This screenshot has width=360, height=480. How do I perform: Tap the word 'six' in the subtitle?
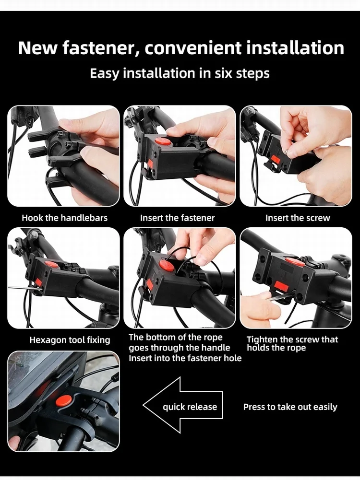click(223, 73)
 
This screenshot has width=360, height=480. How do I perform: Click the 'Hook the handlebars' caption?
click(65, 218)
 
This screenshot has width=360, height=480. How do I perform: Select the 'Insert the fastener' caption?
click(177, 218)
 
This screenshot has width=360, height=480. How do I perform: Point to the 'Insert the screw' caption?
click(298, 218)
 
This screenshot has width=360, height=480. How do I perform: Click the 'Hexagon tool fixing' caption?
click(70, 340)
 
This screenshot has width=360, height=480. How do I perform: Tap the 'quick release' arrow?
click(183, 405)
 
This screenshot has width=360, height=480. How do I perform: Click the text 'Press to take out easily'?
click(290, 407)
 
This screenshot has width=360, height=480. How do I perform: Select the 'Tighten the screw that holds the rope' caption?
click(292, 343)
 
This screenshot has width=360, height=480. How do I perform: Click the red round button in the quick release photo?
click(63, 399)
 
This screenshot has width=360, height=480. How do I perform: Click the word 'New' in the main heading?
click(38, 48)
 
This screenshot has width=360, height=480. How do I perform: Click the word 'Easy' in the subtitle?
click(104, 74)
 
